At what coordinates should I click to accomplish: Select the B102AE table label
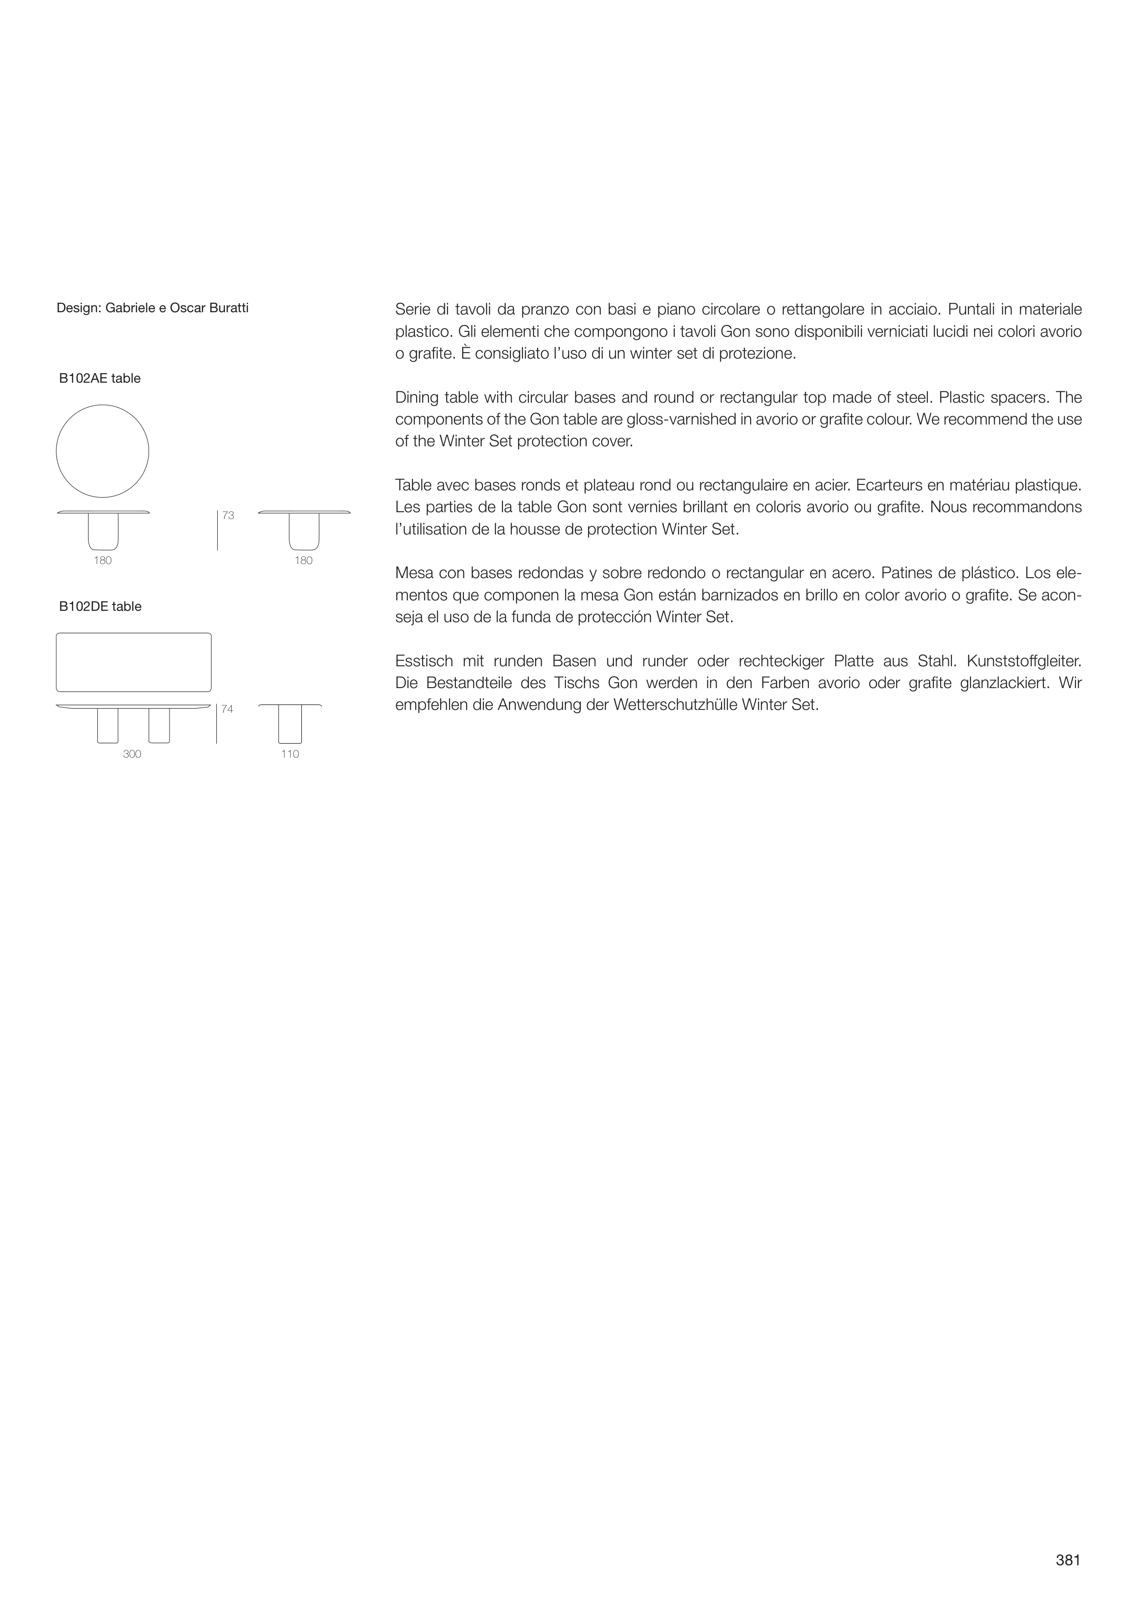pyautogui.click(x=100, y=379)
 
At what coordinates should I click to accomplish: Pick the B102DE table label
pyautogui.click(x=100, y=606)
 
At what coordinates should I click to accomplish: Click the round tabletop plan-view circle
pyautogui.click(x=102, y=451)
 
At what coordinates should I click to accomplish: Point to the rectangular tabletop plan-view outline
pyautogui.click(x=134, y=662)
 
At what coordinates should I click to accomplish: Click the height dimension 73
pyautogui.click(x=228, y=515)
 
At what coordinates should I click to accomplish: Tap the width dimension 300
pyautogui.click(x=132, y=754)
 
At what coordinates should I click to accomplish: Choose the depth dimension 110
pyautogui.click(x=290, y=754)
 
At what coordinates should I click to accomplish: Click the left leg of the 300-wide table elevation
pyautogui.click(x=108, y=725)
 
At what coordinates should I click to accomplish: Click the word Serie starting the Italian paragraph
pyautogui.click(x=413, y=309)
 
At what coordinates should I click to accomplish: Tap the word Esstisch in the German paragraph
pyautogui.click(x=423, y=661)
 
